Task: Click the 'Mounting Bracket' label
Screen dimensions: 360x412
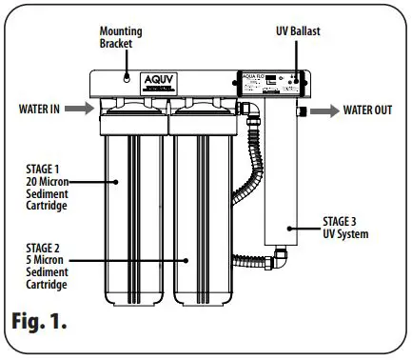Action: coord(120,37)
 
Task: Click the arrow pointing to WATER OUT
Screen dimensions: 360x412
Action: coord(322,110)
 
